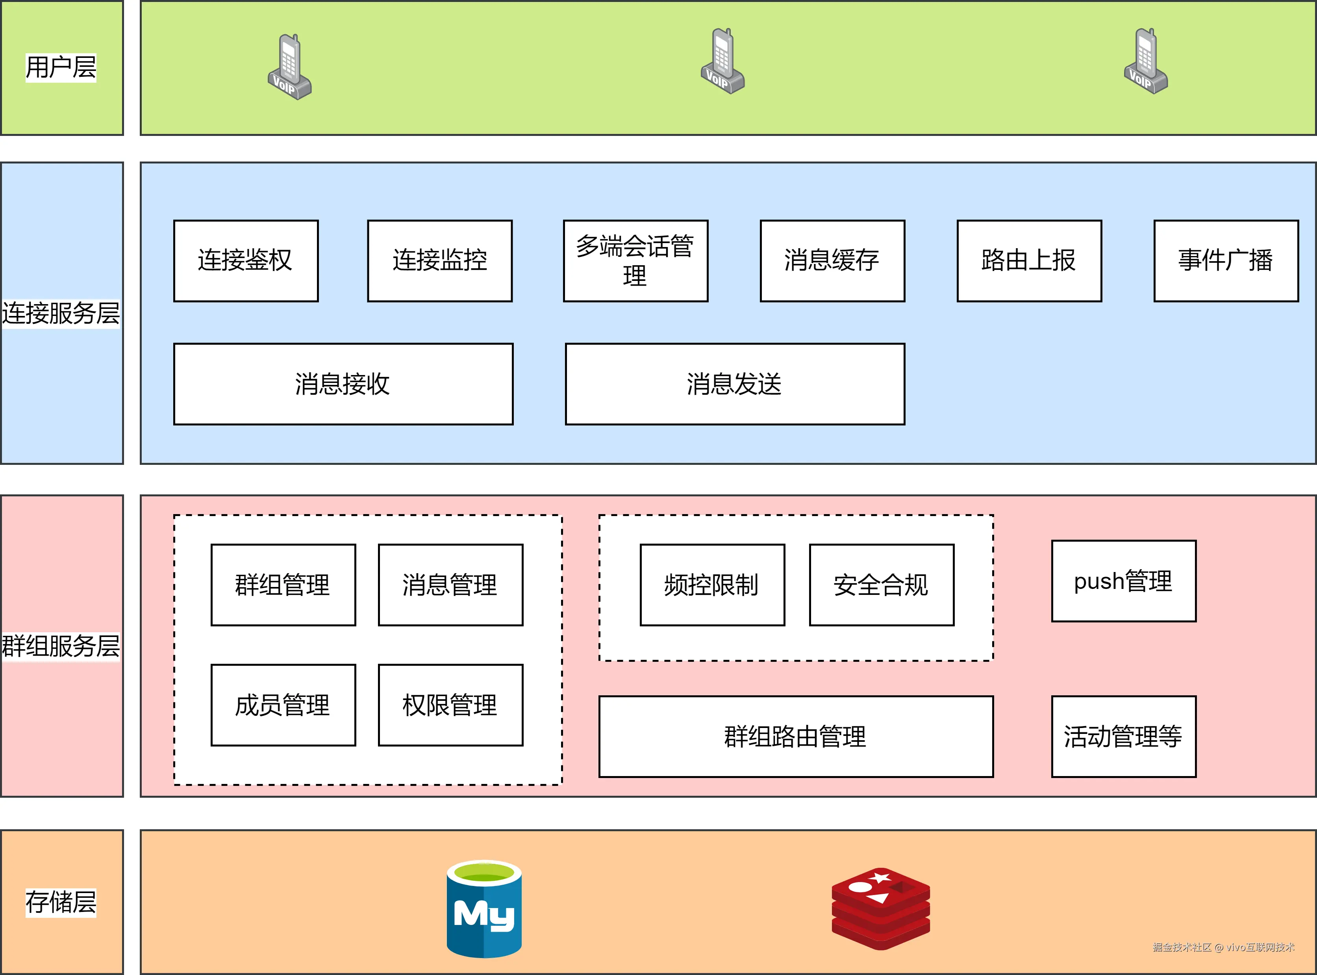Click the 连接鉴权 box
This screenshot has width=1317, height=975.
tap(246, 261)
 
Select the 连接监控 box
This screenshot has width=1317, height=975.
tap(439, 261)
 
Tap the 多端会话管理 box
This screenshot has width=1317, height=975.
tap(635, 261)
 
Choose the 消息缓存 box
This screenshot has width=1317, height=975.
tap(832, 261)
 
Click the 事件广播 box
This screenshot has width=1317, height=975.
tap(1226, 261)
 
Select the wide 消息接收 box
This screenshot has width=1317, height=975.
tap(343, 384)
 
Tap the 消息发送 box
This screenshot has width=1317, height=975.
tap(734, 384)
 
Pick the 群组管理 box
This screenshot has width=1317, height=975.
tap(283, 584)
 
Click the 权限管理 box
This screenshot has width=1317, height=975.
tap(450, 705)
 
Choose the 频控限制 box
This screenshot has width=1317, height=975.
tap(712, 584)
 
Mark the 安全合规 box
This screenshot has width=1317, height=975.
tap(881, 584)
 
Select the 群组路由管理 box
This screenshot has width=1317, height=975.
tap(796, 736)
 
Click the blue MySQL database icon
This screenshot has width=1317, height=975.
tap(483, 909)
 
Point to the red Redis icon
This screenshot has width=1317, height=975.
tap(880, 909)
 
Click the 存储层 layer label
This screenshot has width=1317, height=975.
tap(61, 902)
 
